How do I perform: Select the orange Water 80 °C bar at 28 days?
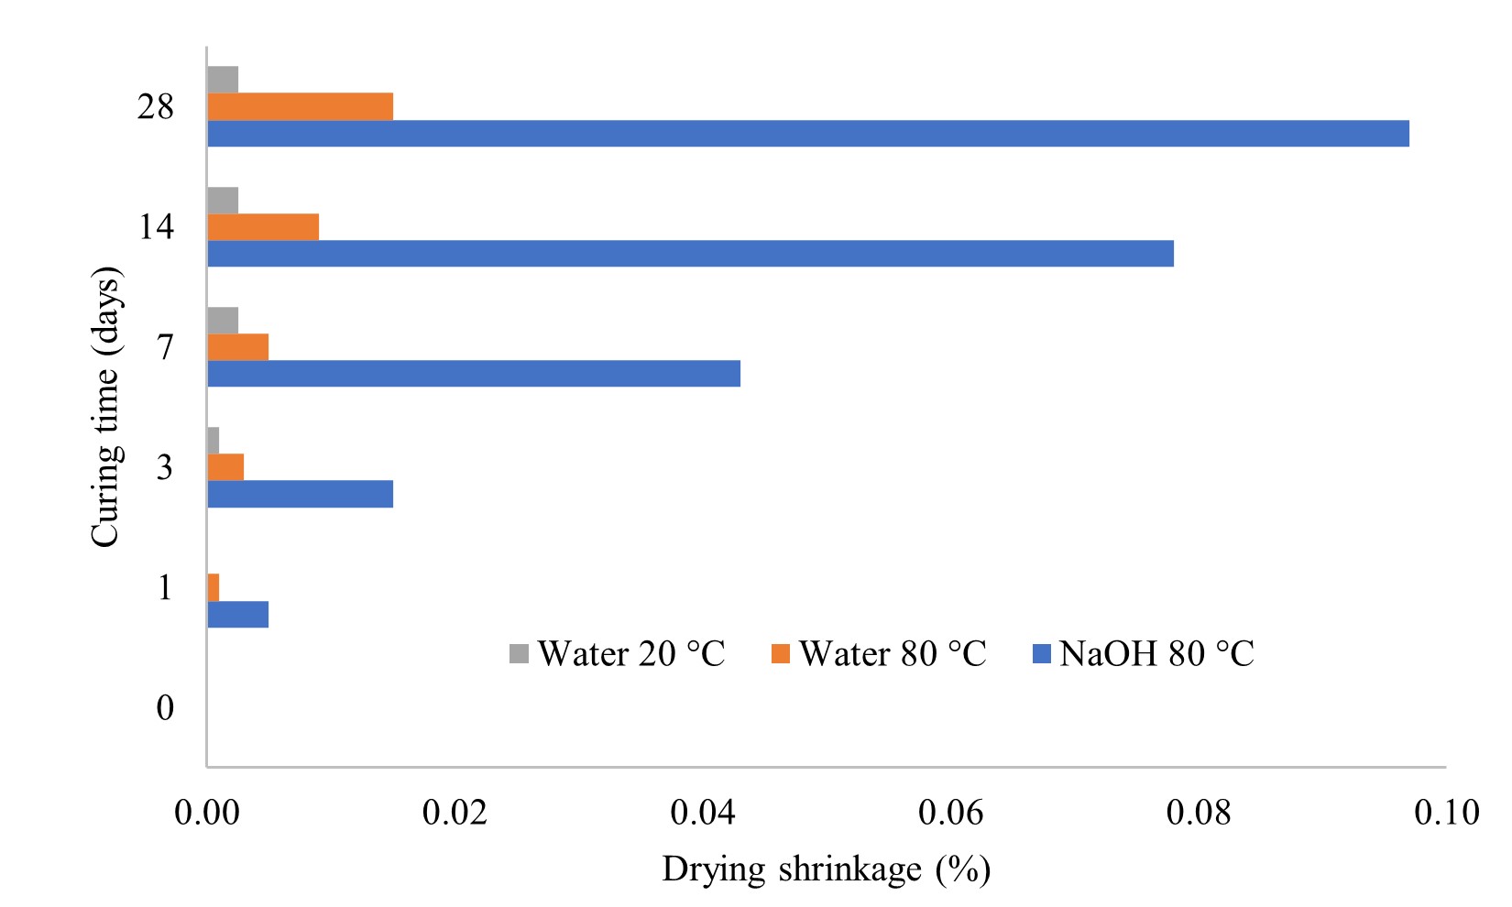coord(301,106)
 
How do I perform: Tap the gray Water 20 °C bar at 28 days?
coord(223,80)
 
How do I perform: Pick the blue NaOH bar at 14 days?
coord(690,253)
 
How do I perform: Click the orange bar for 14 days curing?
coord(263,226)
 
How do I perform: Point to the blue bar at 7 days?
coord(474,373)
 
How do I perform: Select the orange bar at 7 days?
coord(238,347)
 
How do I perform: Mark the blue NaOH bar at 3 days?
coord(301,494)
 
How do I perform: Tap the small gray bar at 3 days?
coord(214,440)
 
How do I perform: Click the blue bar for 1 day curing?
coord(238,614)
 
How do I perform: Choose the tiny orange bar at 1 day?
coord(214,587)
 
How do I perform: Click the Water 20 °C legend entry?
coord(618,654)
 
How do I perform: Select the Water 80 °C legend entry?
coord(879,654)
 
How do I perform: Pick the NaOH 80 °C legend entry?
coord(1143,654)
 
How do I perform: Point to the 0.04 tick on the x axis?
coord(703,813)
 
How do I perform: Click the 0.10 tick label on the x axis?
coord(1446,813)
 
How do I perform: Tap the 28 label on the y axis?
coord(156,107)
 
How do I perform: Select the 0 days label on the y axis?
coord(165,707)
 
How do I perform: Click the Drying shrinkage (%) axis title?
coord(826,869)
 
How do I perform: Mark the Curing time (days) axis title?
coord(106,408)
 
